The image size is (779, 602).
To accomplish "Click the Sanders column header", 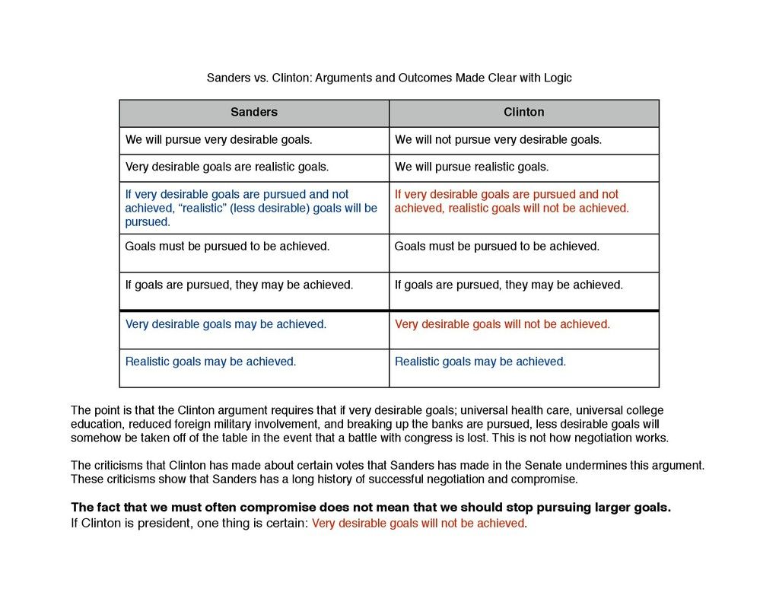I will [x=254, y=113].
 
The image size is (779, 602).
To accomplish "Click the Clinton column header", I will [x=524, y=113].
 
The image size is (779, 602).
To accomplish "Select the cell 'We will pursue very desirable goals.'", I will [x=219, y=140].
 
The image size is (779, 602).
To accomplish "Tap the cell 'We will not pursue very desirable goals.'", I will [x=498, y=140].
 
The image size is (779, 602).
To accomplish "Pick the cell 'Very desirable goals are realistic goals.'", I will [x=227, y=167].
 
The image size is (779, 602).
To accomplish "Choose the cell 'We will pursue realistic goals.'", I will [x=472, y=167].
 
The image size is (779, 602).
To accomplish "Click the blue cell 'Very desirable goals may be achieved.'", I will [x=226, y=324].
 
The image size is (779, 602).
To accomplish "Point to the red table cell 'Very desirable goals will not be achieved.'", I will [x=502, y=324].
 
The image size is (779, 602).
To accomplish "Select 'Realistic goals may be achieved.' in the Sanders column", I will [x=211, y=362].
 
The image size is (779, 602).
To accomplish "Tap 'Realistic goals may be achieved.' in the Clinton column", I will [x=480, y=362].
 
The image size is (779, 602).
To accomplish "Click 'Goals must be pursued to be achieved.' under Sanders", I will [x=227, y=247].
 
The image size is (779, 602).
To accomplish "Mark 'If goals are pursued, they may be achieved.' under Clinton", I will [x=508, y=285].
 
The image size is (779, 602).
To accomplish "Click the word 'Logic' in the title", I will [x=556, y=78].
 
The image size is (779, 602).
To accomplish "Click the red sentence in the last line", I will [x=418, y=524].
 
